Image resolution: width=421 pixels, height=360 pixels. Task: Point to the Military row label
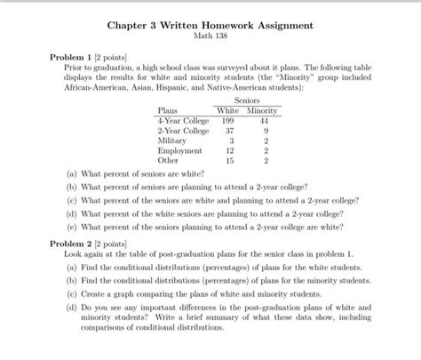[x=172, y=140]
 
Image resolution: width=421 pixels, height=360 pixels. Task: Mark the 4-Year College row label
[x=183, y=120]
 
